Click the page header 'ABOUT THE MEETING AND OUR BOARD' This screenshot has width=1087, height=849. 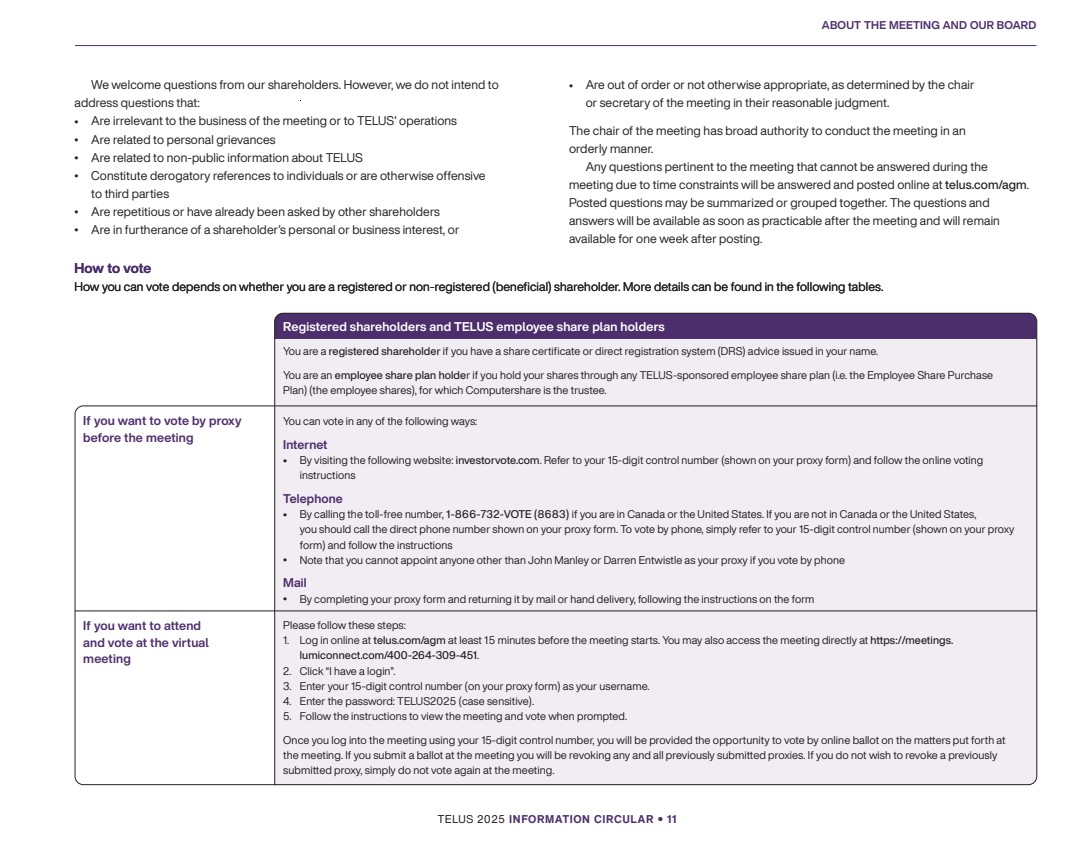pos(928,25)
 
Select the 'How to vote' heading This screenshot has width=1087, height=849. pos(112,268)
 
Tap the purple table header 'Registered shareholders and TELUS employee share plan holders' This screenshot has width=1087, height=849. pos(473,327)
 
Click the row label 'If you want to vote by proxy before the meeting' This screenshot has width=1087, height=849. pos(162,429)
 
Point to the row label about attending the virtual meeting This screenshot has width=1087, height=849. pos(146,642)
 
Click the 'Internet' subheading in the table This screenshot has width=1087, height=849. pos(305,444)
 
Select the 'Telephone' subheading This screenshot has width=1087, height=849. pos(312,498)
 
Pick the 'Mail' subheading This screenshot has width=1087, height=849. pos(294,582)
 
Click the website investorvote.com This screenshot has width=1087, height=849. pos(497,461)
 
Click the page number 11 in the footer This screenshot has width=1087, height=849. pos(672,819)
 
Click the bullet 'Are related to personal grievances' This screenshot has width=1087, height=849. pos(183,139)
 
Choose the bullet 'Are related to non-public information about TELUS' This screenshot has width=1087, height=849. pos(226,157)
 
